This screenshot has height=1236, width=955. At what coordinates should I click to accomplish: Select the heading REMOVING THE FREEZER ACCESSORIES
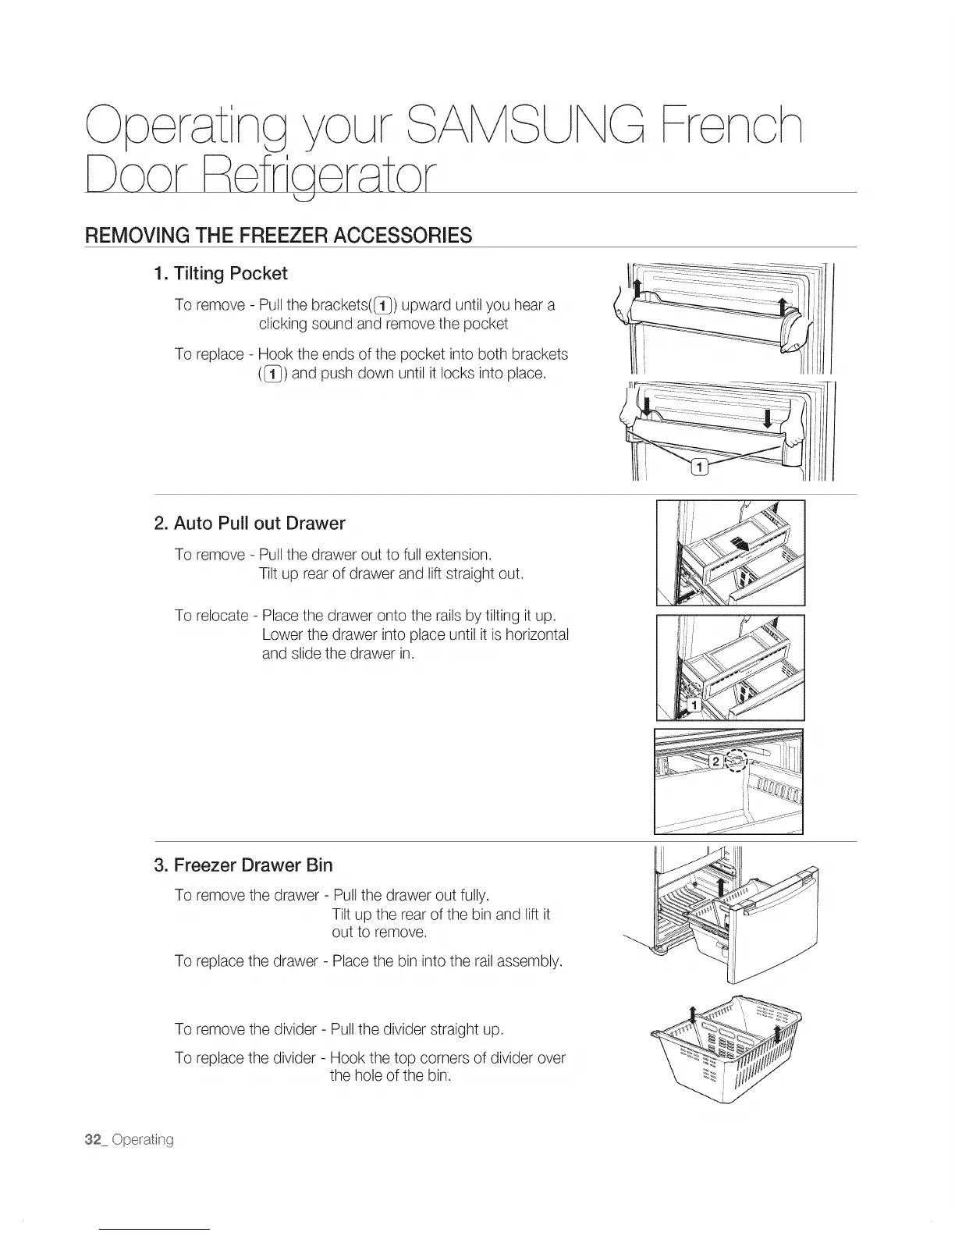coord(279,235)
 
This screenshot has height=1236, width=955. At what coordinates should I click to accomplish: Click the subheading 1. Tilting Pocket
coord(221,274)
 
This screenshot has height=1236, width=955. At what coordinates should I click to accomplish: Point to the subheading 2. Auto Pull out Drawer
coord(250,523)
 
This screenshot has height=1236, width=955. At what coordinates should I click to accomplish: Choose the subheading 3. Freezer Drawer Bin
coord(243,865)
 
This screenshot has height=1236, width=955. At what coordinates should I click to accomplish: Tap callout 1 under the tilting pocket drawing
coord(700,467)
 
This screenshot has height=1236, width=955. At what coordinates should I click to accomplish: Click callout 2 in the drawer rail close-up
coord(714,761)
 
